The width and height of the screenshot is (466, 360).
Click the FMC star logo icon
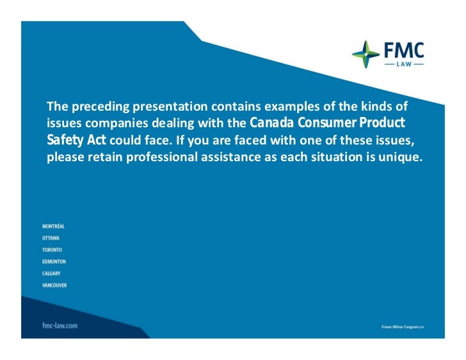[366, 54]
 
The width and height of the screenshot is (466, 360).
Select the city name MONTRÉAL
[53, 226]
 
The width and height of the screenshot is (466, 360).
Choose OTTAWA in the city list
[51, 238]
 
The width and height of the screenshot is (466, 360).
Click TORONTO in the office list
[52, 250]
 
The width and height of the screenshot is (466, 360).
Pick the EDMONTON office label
[54, 262]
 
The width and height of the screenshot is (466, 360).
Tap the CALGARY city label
[52, 273]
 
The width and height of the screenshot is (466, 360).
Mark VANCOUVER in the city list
[54, 285]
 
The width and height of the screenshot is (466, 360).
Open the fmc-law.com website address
[60, 325]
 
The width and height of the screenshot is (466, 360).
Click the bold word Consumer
[326, 122]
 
